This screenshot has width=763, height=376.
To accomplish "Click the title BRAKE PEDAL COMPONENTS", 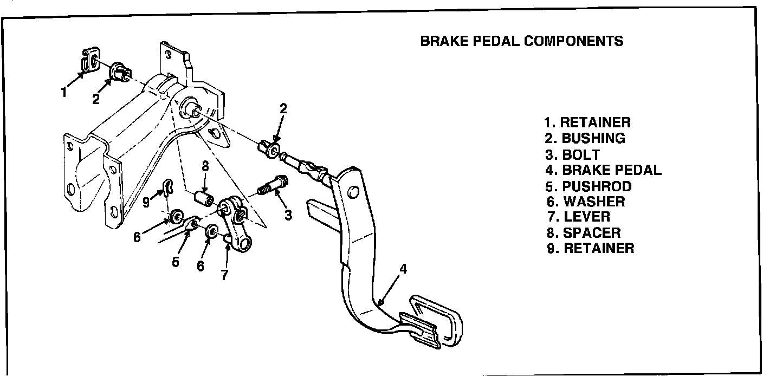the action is [521, 41].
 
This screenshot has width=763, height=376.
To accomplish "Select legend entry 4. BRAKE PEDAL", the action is [603, 170].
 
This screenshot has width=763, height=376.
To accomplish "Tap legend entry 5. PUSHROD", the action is [589, 186].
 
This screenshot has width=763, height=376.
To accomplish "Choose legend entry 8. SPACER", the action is [584, 233].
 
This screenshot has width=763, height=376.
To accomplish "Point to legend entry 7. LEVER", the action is [578, 217].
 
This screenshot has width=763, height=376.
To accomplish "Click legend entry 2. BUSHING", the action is [585, 138].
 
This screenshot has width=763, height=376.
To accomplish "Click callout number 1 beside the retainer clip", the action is [64, 92].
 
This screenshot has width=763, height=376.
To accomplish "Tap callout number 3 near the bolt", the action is [288, 215].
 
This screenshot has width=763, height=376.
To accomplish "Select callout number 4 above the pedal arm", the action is [403, 269].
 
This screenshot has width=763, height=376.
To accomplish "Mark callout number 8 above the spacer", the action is [205, 166].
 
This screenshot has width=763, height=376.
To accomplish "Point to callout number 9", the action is [146, 202].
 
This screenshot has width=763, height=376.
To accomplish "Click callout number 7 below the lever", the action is [224, 275].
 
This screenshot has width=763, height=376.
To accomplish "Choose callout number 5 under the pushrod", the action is [176, 262].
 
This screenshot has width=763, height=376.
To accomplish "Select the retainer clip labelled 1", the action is [90, 60].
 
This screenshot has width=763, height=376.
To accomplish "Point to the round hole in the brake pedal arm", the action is [353, 193].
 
